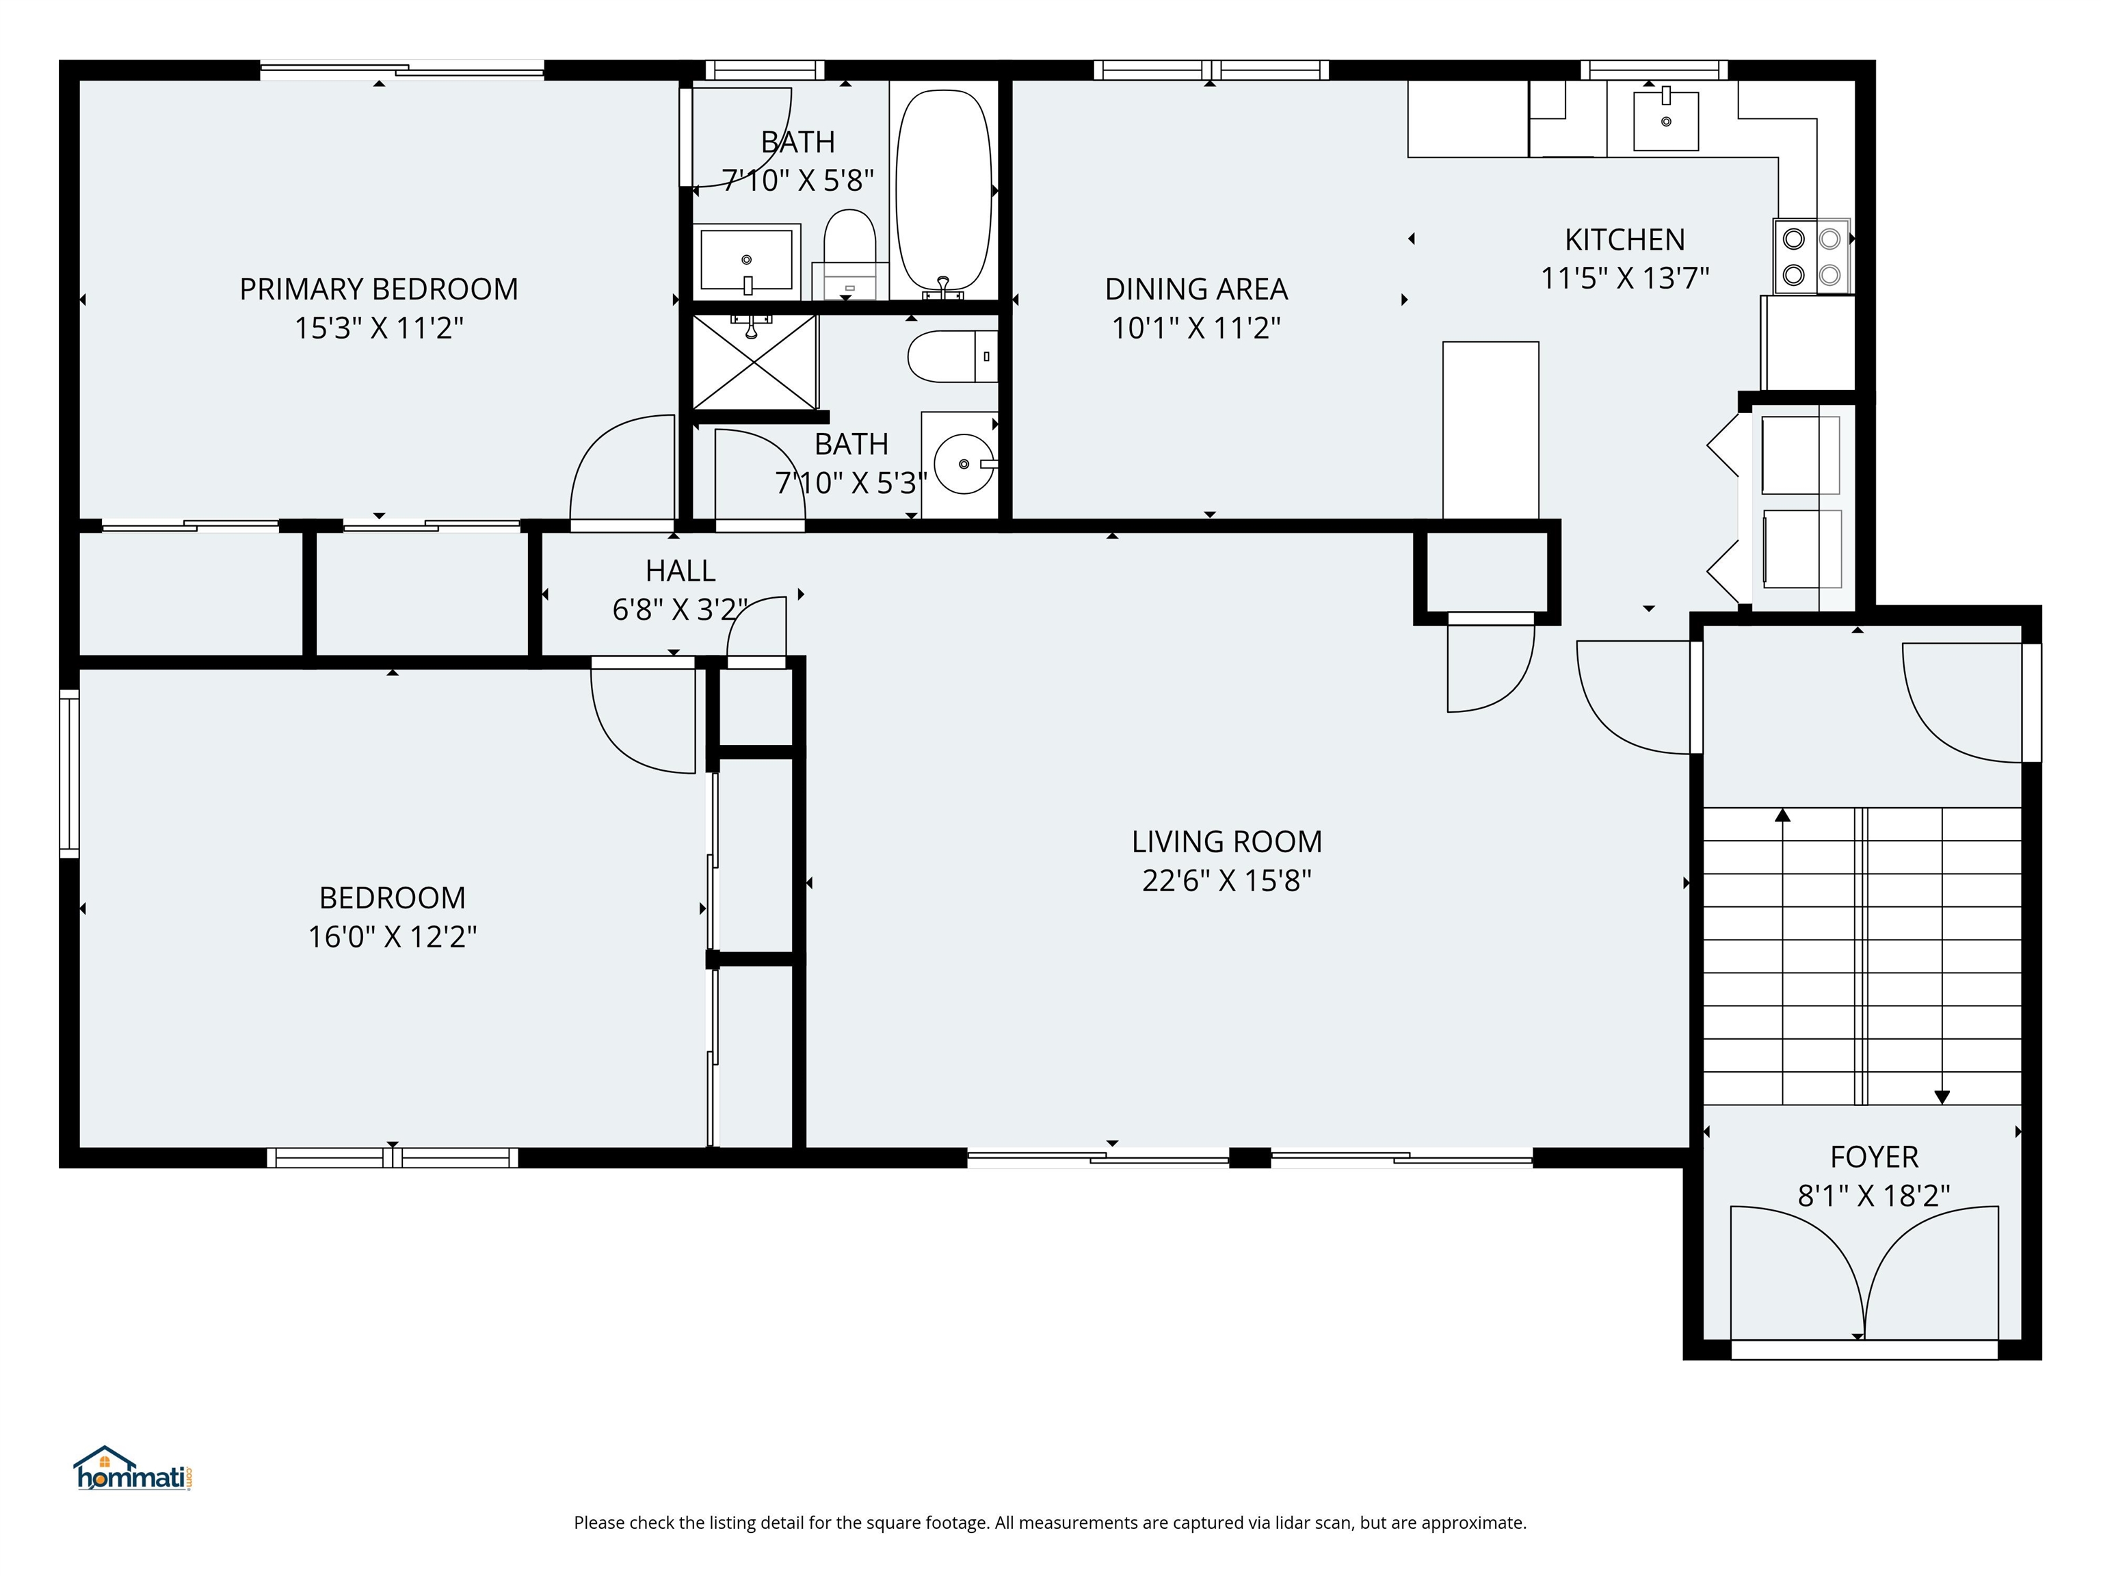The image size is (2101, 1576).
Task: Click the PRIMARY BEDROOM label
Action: tap(378, 289)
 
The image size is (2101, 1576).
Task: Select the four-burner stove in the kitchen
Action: tap(1811, 257)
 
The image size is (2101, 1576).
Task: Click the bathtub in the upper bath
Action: tap(943, 190)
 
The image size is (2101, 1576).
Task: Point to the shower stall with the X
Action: tap(755, 362)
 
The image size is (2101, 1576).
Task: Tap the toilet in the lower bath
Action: tap(950, 356)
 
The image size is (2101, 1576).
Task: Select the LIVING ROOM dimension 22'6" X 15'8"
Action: tap(1226, 880)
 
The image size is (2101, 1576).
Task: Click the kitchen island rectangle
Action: tap(1490, 430)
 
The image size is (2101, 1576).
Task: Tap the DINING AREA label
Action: tap(1195, 289)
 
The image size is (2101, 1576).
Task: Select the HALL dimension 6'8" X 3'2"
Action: tap(680, 609)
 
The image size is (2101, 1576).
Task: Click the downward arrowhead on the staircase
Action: tap(1942, 1097)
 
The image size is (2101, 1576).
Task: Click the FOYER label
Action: tap(1874, 1156)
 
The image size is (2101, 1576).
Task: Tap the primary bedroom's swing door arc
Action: tap(618, 466)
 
